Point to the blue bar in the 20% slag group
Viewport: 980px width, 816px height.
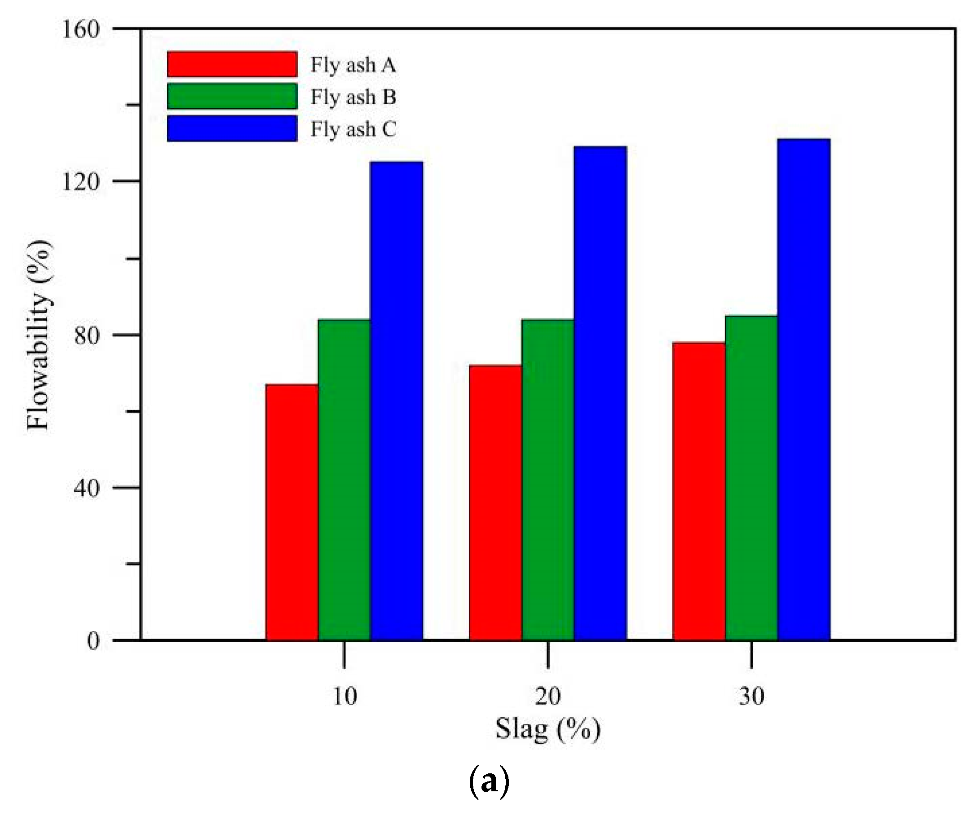tap(600, 393)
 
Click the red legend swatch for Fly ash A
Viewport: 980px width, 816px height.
tap(232, 64)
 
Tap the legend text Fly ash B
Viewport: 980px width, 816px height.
tap(353, 97)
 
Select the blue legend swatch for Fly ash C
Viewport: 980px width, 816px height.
tap(232, 128)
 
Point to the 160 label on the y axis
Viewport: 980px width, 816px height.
tap(81, 29)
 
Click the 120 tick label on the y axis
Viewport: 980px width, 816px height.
tap(81, 181)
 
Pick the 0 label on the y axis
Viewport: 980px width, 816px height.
tap(93, 640)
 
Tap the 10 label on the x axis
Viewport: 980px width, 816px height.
tap(344, 697)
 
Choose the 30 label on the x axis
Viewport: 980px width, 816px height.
tap(751, 697)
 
